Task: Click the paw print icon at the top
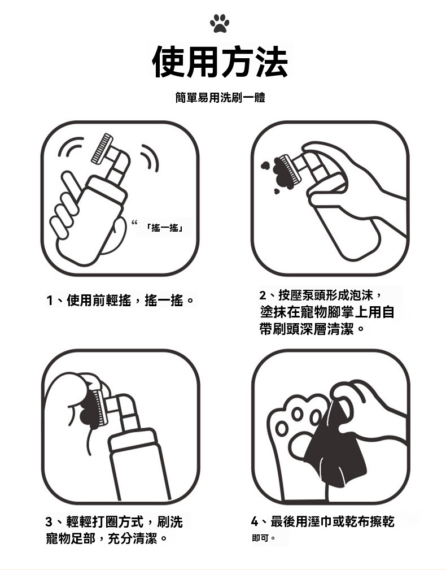(220, 23)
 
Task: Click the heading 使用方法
(220, 62)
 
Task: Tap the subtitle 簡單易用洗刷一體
(220, 97)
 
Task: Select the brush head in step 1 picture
(102, 149)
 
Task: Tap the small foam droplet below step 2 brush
(277, 191)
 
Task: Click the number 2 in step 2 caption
(263, 295)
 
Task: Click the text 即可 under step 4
(260, 538)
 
